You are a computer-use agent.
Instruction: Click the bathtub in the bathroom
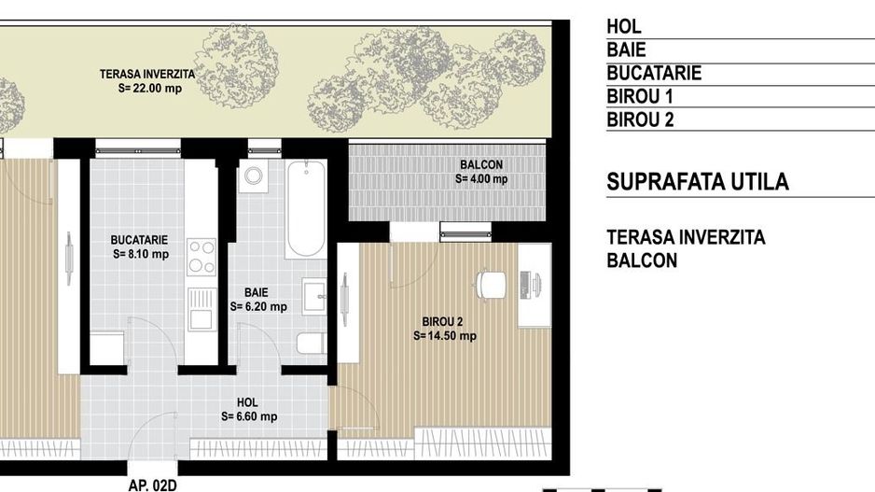point(306,210)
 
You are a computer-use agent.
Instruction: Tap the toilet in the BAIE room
point(311,343)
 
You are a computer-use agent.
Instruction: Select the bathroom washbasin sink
point(314,296)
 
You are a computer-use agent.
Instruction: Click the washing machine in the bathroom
point(254,176)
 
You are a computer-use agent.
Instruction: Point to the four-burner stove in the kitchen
point(201,257)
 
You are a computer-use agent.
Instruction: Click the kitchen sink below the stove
point(201,309)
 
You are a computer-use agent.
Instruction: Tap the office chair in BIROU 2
point(491,286)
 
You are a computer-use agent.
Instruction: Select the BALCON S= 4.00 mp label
point(481,172)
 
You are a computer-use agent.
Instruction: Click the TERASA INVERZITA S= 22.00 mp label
point(148,81)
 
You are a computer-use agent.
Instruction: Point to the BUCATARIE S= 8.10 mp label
point(140,246)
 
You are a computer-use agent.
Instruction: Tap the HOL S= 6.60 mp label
point(249,409)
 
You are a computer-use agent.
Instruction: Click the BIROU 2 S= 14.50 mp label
point(444,329)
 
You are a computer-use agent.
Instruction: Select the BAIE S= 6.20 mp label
point(258,300)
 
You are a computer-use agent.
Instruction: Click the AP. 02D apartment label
point(152,485)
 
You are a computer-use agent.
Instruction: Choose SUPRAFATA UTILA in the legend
point(698,182)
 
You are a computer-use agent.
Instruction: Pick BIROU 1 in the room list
point(640,96)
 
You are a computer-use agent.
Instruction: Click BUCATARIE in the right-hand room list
point(654,73)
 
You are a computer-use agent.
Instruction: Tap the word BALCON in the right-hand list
point(642,260)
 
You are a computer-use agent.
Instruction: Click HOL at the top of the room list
point(624,26)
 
